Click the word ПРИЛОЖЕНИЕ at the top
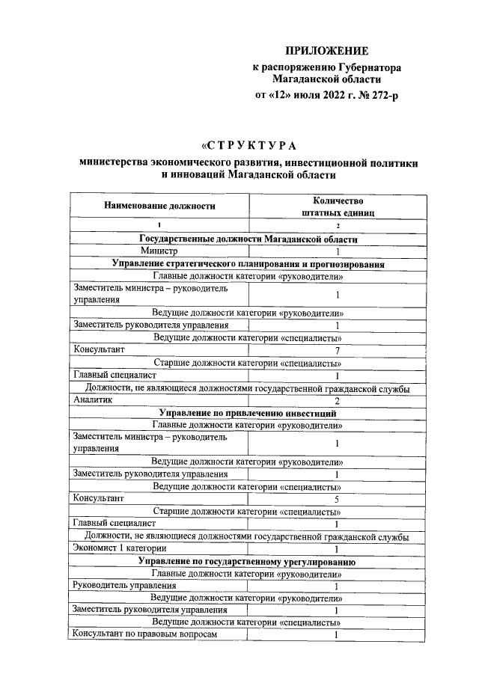(x=327, y=51)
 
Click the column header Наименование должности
(x=159, y=205)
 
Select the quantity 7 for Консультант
(x=338, y=349)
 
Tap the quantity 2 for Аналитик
(x=338, y=400)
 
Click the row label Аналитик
(x=92, y=400)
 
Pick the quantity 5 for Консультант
(x=338, y=498)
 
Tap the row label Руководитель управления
(x=124, y=586)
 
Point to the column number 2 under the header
(x=338, y=226)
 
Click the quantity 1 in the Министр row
(x=338, y=252)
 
